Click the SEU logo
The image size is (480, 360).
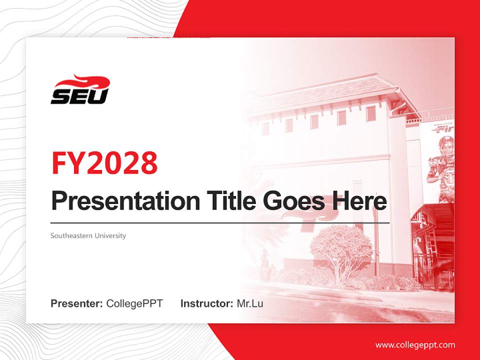coord(80,90)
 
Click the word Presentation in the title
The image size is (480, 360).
coord(125,201)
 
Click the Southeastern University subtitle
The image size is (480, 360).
coord(88,235)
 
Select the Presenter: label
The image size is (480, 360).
coord(76,303)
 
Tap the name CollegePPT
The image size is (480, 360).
coord(134,303)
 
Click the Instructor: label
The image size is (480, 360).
coord(206,303)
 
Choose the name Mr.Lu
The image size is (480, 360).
coord(250,303)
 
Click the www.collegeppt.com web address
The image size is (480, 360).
coord(415,344)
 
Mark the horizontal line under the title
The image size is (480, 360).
coord(220,223)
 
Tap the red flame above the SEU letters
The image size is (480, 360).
coord(85,81)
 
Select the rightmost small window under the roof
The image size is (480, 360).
coord(370,114)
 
